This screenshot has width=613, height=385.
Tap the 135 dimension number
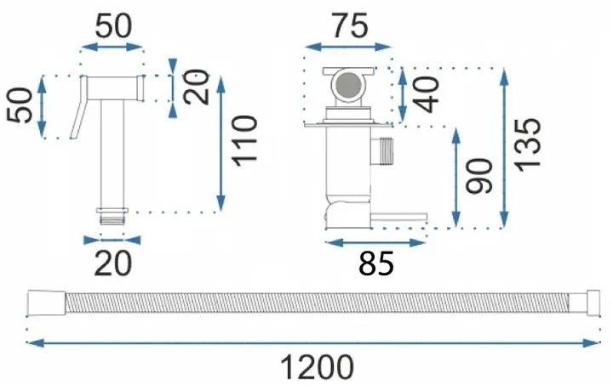point(528,145)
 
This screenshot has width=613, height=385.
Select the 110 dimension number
point(244,142)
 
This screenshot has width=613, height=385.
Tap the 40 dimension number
point(428,93)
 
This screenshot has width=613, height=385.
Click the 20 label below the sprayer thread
point(113,263)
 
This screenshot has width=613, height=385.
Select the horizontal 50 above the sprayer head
point(113,26)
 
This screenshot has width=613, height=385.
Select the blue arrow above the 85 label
point(375,243)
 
